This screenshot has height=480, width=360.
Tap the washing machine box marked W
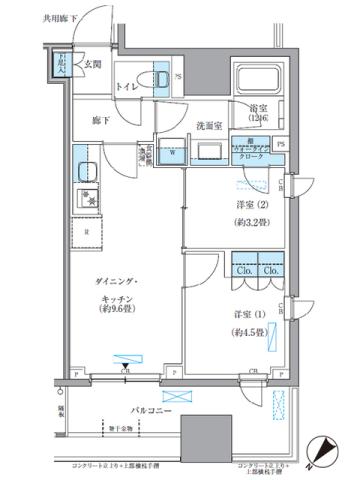[x=171, y=154]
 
